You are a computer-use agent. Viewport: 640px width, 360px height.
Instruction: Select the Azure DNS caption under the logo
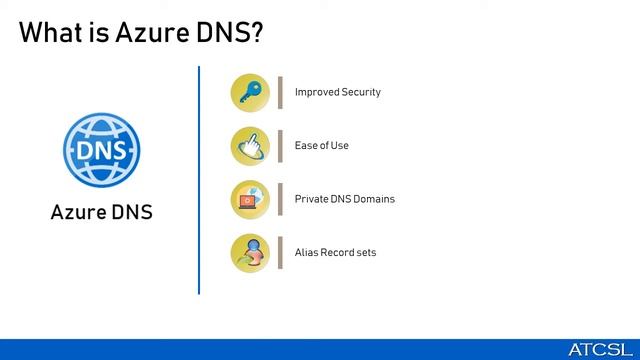(x=101, y=212)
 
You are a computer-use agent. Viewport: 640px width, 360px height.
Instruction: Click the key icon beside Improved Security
(x=250, y=92)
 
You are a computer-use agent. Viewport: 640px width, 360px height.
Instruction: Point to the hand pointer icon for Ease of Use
(x=250, y=146)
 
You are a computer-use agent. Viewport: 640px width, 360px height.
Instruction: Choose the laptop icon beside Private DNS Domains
(x=250, y=199)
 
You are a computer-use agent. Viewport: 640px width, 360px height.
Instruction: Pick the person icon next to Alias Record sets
(x=250, y=253)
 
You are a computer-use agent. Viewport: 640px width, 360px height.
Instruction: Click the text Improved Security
(x=337, y=92)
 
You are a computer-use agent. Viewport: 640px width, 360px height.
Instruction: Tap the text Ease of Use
(x=321, y=146)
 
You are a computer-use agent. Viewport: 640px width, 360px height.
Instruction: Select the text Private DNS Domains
(x=344, y=199)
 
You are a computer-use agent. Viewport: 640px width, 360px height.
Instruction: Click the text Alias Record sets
(x=335, y=253)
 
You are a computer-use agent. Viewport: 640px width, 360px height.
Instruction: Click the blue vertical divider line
(x=199, y=180)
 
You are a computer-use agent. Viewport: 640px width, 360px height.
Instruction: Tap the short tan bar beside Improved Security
(x=280, y=92)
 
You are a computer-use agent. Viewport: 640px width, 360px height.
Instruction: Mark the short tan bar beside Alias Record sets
(x=280, y=253)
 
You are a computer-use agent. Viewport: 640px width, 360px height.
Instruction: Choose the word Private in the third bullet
(x=311, y=199)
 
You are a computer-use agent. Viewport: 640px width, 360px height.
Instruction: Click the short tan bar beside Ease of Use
(x=280, y=146)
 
